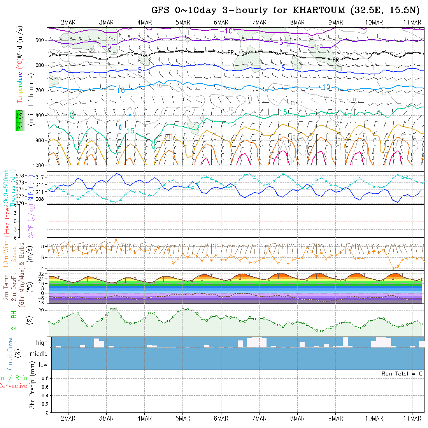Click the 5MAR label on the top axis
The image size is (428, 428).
[x=182, y=22]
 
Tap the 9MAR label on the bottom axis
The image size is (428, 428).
[x=335, y=418]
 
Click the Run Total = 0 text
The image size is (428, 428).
[x=402, y=374]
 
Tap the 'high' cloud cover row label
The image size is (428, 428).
[x=42, y=343]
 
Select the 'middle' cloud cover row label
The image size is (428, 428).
[x=39, y=354]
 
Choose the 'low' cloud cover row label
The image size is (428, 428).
[x=42, y=365]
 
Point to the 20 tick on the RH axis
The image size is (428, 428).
[x=40, y=310]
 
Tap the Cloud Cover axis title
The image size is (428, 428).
[x=10, y=353]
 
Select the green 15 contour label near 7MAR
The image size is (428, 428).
[x=283, y=112]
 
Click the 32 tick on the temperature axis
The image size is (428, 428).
[x=41, y=274]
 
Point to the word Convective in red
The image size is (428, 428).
[x=13, y=386]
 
